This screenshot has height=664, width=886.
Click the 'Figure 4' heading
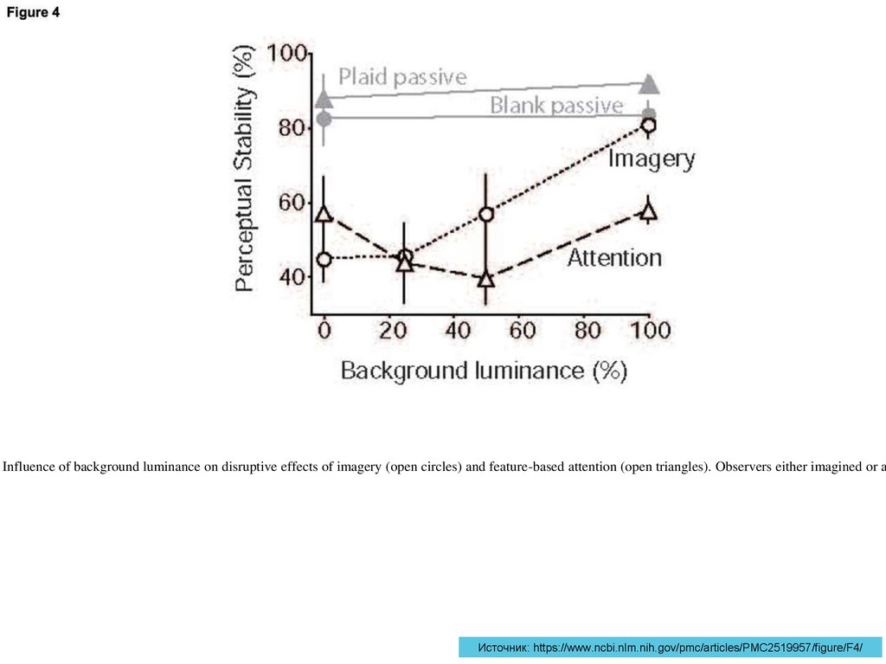[35, 13]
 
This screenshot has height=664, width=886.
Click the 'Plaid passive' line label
[402, 77]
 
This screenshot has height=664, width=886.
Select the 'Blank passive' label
[556, 106]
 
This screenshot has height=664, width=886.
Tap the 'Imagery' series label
[652, 159]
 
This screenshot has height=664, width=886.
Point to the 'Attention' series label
[614, 257]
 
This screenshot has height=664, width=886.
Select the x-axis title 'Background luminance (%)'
[483, 371]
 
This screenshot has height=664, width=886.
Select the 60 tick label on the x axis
[522, 330]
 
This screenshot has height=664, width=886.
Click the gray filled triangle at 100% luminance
[649, 85]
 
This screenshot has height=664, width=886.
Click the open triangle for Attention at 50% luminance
[486, 279]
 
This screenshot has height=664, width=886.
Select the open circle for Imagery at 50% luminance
[486, 214]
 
